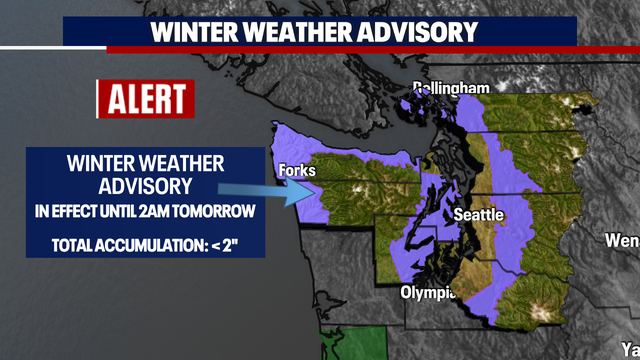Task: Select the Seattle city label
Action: click(x=479, y=215)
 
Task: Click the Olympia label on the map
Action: click(x=428, y=293)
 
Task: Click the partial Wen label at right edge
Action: click(x=622, y=240)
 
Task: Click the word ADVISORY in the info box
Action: click(x=145, y=185)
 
